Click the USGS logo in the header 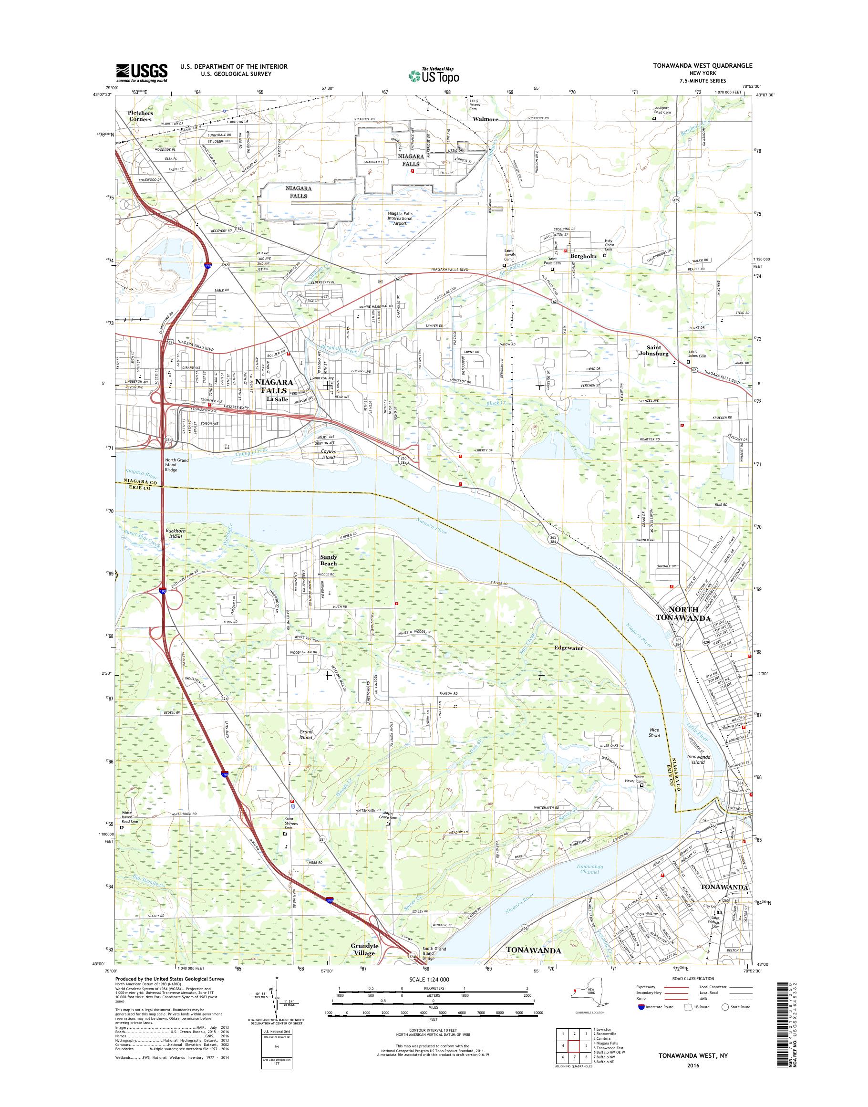click(141, 73)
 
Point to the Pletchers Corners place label click(140, 116)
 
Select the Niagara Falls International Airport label click(400, 218)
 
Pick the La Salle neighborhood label click(278, 399)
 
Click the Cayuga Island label click(328, 454)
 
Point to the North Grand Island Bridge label click(176, 465)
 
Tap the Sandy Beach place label click(328, 560)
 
